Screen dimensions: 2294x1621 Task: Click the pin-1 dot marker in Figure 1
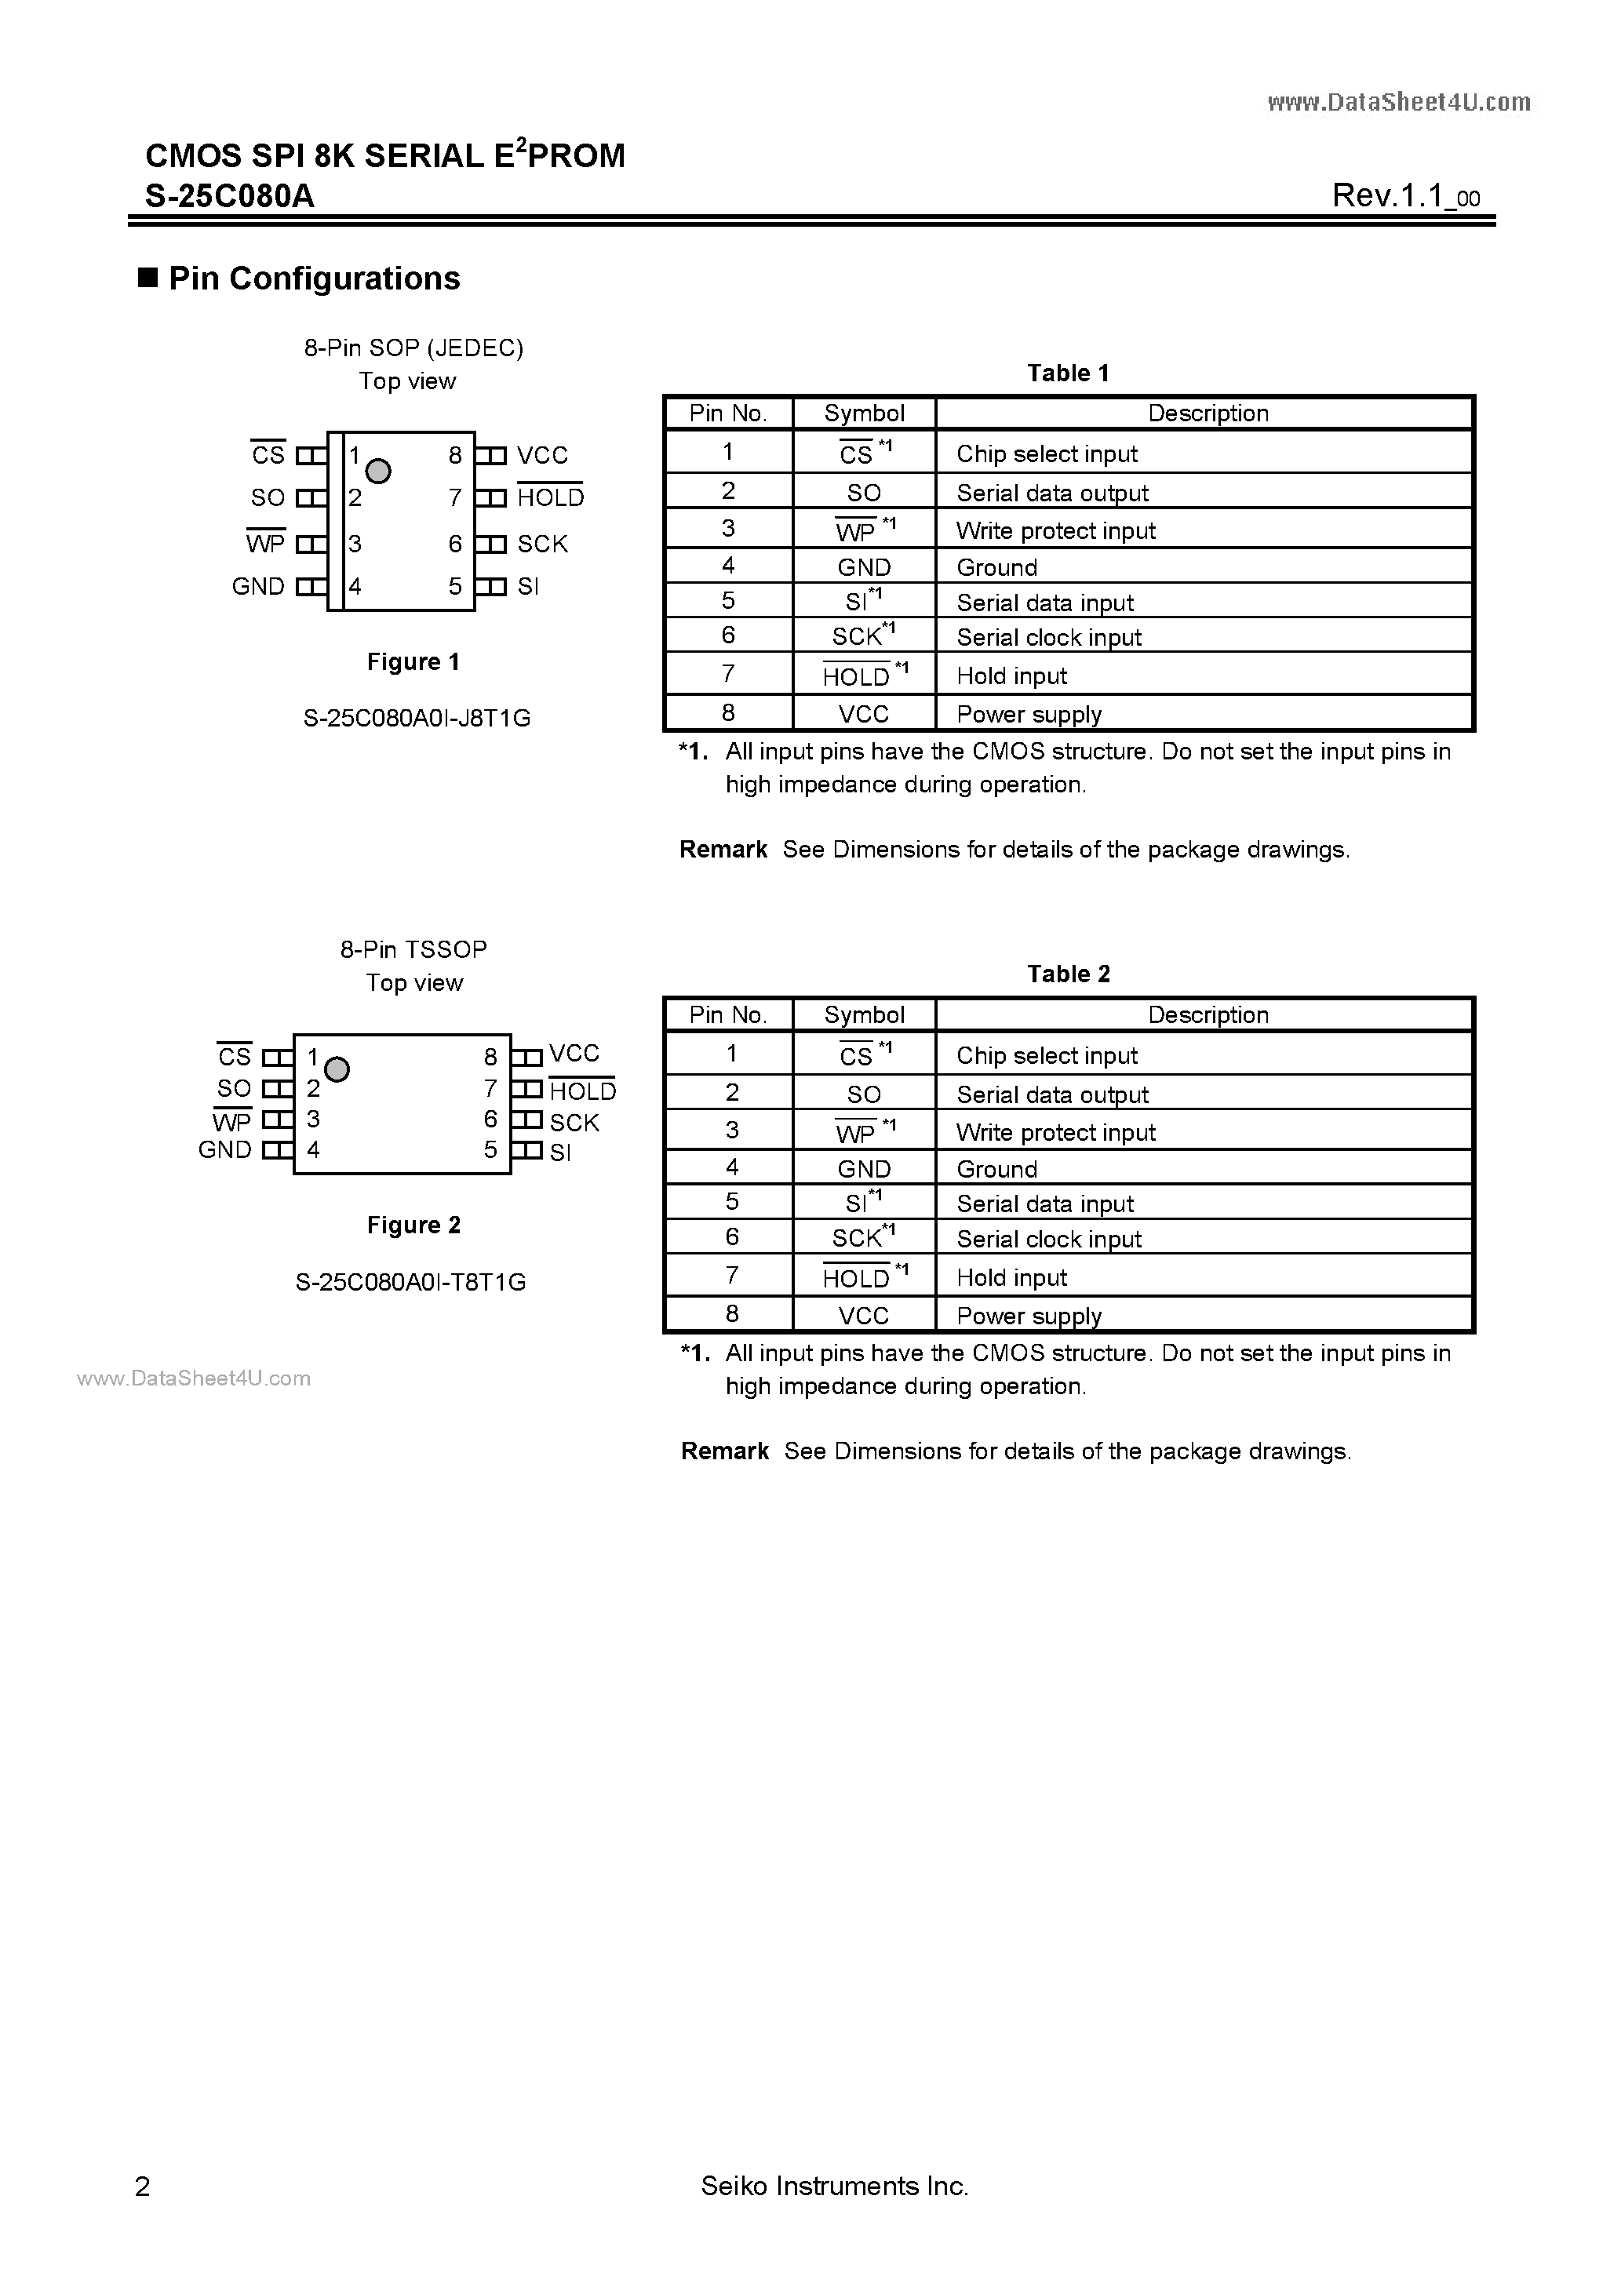point(377,471)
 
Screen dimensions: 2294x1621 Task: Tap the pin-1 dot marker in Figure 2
point(338,1070)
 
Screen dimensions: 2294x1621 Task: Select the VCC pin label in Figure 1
point(541,456)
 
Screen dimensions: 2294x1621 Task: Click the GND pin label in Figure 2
point(225,1150)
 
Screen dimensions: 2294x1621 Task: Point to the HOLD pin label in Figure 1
point(550,497)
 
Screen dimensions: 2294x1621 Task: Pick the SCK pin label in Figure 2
point(574,1122)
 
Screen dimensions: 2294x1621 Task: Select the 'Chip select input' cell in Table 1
point(1047,454)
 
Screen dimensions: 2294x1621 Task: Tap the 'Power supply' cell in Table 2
point(1029,1316)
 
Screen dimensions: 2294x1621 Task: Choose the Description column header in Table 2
point(1208,1015)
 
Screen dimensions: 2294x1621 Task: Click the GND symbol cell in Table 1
point(864,567)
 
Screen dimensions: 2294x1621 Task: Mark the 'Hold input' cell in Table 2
point(1011,1278)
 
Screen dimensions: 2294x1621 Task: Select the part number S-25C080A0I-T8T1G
point(411,1282)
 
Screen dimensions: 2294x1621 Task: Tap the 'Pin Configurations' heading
point(314,279)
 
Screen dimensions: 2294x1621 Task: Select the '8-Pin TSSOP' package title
point(413,949)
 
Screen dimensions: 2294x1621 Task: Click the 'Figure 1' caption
point(413,662)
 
